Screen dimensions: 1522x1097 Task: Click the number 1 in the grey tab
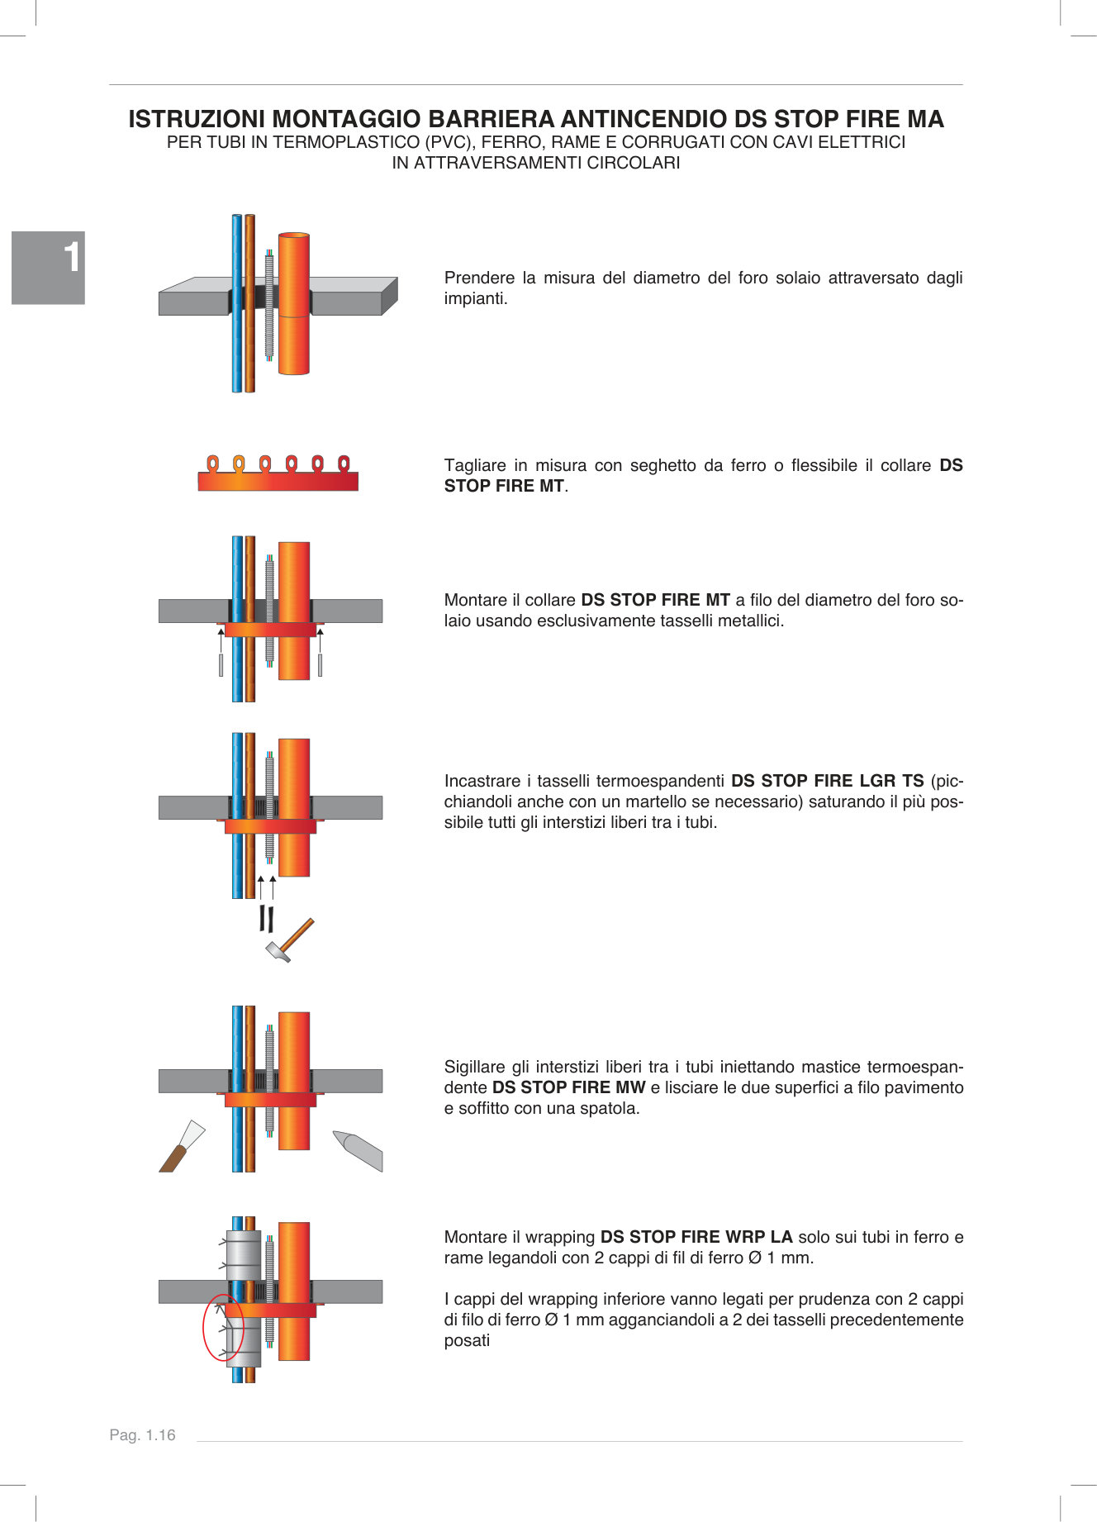pyautogui.click(x=73, y=258)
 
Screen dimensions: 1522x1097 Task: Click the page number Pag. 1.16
pyautogui.click(x=142, y=1435)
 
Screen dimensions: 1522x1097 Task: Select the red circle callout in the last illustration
pyautogui.click(x=223, y=1327)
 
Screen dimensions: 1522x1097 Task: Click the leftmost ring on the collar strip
pyautogui.click(x=212, y=463)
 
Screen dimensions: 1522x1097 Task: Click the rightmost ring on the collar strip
pyautogui.click(x=344, y=463)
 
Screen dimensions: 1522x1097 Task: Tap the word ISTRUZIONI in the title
pyautogui.click(x=197, y=120)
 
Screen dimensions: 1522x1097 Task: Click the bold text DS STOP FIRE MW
pyautogui.click(x=568, y=1087)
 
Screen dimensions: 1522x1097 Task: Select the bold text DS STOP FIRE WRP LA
pyautogui.click(x=696, y=1237)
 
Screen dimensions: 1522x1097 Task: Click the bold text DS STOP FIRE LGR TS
pyautogui.click(x=827, y=781)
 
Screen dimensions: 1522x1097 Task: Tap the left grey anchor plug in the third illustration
pyautogui.click(x=221, y=664)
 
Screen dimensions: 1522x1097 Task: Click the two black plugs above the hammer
pyautogui.click(x=266, y=918)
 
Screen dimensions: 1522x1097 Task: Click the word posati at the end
pyautogui.click(x=467, y=1340)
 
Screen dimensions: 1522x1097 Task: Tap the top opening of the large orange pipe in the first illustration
pyautogui.click(x=293, y=236)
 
